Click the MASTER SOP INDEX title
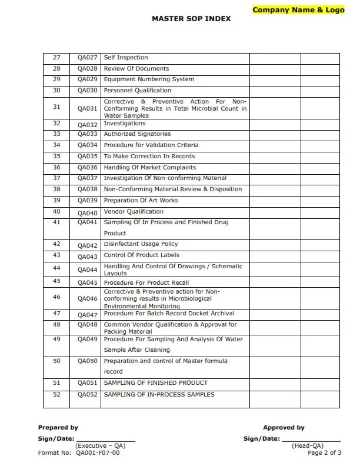pos(191,19)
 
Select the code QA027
pos(87,58)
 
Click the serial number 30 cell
pos(56,90)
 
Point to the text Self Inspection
pos(126,58)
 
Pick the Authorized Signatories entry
pos(137,134)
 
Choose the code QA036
pos(87,168)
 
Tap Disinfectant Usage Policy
pos(141,244)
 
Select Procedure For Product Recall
pos(146,283)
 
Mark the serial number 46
pos(56,297)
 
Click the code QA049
pos(87,340)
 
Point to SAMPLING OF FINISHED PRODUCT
pos(155,383)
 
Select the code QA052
pos(87,395)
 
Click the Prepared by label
pos(58,428)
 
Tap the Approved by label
pos(284,428)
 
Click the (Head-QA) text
pos(307,446)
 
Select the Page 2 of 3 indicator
pos(325,452)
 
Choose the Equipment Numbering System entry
pos(149,79)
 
